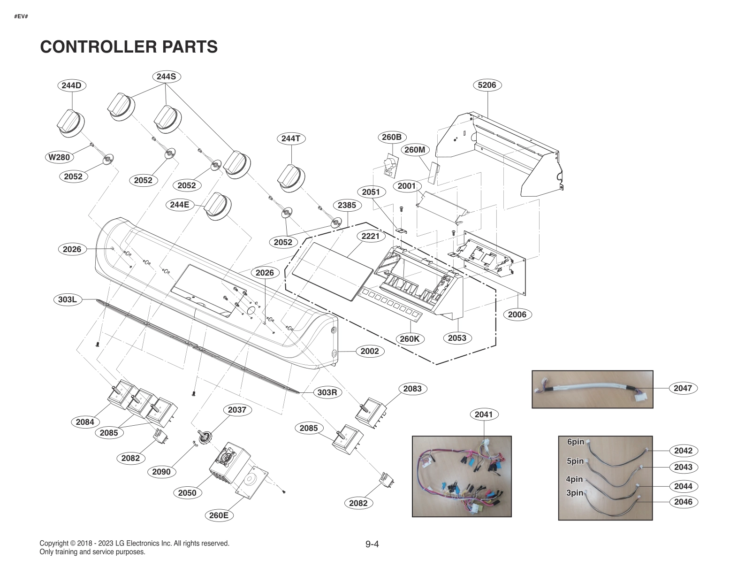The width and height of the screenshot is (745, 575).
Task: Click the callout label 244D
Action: click(x=71, y=85)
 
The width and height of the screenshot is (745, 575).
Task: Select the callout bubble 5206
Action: click(x=487, y=85)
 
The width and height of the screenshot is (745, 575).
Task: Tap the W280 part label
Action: click(x=59, y=157)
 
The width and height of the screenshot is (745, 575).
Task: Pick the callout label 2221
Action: click(x=370, y=236)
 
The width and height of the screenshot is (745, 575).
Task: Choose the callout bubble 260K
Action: click(x=410, y=339)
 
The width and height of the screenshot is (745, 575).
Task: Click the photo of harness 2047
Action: click(x=592, y=389)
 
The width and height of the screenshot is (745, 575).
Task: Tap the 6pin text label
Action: click(x=576, y=442)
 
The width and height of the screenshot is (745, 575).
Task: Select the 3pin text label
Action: click(x=575, y=492)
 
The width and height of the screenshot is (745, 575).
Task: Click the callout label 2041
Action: click(x=484, y=414)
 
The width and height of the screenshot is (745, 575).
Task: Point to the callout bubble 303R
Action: click(x=327, y=392)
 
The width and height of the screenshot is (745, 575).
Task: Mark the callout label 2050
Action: click(x=187, y=493)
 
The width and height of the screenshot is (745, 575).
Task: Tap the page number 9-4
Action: click(x=372, y=544)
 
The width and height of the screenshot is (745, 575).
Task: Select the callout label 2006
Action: click(x=517, y=314)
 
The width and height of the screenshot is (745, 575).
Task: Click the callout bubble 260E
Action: click(x=219, y=515)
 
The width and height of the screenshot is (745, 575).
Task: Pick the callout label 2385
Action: click(x=347, y=205)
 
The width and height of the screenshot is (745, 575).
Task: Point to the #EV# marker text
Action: click(x=21, y=16)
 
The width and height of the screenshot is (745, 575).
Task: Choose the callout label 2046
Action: click(x=683, y=502)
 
